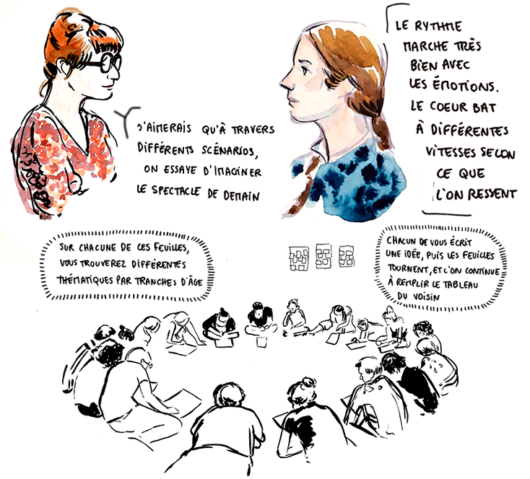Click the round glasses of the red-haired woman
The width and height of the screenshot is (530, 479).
(102, 63)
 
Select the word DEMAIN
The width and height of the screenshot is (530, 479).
(241, 195)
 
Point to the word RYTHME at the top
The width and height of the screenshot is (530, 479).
(438, 26)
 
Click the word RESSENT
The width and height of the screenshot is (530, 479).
(492, 194)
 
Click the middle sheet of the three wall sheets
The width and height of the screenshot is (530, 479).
(323, 256)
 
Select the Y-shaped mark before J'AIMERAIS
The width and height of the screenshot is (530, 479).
(126, 120)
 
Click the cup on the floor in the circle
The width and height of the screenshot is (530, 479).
(261, 341)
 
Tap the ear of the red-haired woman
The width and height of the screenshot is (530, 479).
(64, 68)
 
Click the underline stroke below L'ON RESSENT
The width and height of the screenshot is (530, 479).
(447, 214)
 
